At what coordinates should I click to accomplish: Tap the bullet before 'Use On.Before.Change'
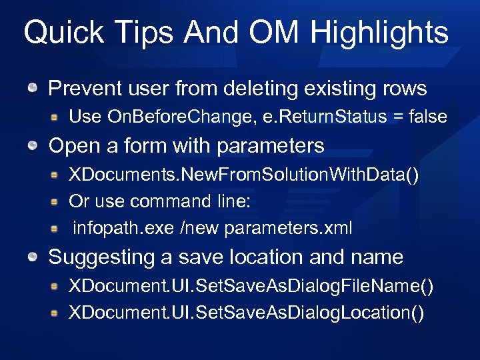click(55, 117)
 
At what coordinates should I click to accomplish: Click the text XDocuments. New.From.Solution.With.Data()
click(244, 175)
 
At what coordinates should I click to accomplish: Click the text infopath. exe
click(123, 228)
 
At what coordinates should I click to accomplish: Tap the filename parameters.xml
click(288, 228)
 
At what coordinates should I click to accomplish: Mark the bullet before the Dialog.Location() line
click(55, 312)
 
